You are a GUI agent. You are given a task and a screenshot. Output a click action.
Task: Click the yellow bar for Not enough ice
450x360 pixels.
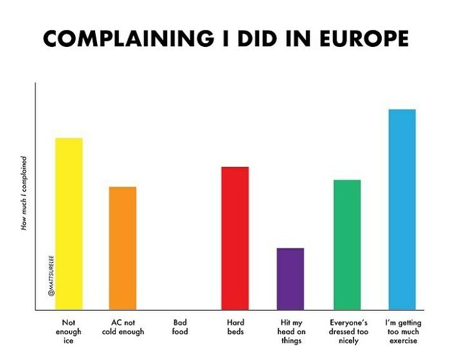[x=69, y=224]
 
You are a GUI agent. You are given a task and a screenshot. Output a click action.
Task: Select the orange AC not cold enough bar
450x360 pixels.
[x=123, y=248]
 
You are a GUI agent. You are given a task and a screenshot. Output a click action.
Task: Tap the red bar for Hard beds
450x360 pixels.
[x=235, y=238]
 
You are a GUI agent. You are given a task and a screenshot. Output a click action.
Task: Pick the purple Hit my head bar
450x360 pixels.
[x=291, y=279]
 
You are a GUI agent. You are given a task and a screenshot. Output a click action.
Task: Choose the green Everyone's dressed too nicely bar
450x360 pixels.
[x=347, y=245]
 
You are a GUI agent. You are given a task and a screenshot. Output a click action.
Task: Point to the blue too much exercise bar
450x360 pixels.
[x=402, y=210]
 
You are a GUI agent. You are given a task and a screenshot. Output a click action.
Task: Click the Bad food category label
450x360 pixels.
[x=179, y=327]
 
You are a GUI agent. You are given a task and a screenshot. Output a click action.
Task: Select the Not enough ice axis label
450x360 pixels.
[x=69, y=332]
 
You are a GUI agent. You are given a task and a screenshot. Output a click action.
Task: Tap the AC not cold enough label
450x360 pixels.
[x=123, y=327]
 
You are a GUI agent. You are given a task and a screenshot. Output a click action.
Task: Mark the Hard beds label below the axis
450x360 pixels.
[x=235, y=327]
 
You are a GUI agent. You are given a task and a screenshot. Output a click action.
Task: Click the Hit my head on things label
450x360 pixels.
[x=291, y=332]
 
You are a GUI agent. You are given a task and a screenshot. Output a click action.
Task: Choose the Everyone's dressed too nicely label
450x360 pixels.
[x=348, y=332]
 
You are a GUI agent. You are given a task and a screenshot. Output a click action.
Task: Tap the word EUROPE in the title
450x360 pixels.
[x=363, y=39]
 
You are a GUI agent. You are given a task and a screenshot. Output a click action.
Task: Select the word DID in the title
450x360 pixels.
[x=254, y=39]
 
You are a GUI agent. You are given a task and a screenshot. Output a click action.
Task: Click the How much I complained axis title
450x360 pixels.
[x=24, y=193]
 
